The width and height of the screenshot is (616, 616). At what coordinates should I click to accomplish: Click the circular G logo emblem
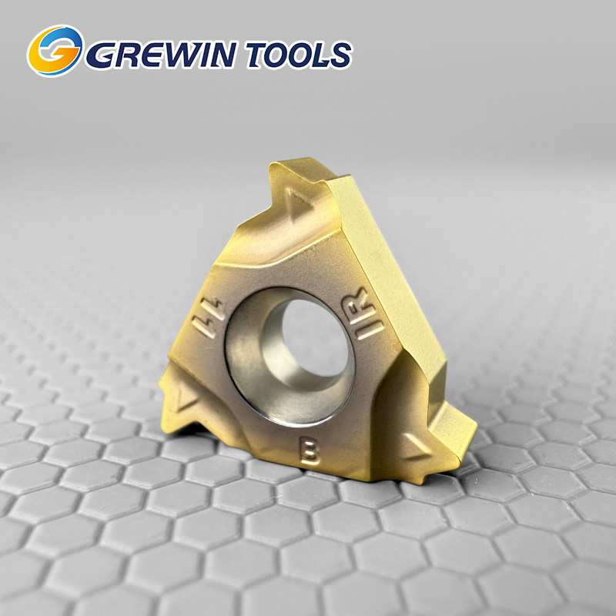click(x=55, y=51)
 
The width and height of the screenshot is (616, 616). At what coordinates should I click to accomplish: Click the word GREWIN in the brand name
click(x=161, y=54)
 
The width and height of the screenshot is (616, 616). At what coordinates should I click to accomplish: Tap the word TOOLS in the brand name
click(x=300, y=54)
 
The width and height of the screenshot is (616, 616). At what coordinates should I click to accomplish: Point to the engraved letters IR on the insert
click(x=363, y=314)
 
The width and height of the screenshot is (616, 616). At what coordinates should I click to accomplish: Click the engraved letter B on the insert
click(x=310, y=450)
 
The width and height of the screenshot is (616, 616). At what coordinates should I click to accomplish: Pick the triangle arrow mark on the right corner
click(x=417, y=447)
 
